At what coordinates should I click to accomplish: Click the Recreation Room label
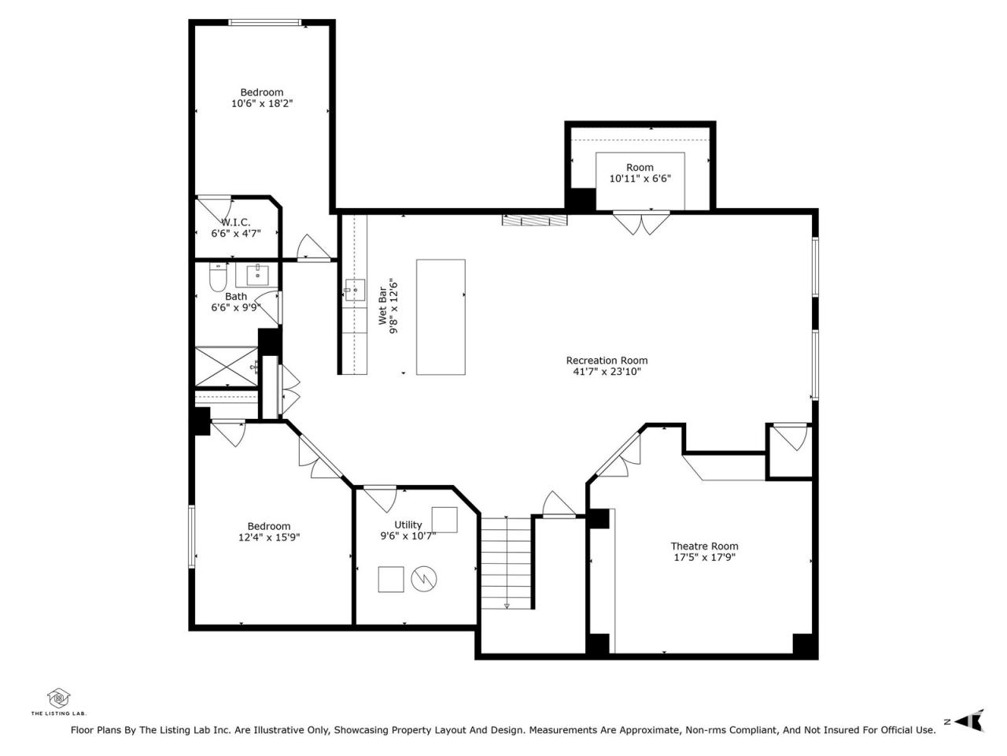[607, 361]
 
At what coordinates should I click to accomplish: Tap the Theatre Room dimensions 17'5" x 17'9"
[704, 558]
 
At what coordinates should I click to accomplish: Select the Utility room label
[408, 524]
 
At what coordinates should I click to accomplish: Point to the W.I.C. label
[236, 222]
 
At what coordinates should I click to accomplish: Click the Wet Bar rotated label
[382, 306]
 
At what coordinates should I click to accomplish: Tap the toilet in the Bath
[218, 276]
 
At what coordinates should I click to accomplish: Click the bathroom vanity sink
[258, 276]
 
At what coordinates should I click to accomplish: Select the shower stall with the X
[227, 367]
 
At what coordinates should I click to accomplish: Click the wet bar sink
[355, 290]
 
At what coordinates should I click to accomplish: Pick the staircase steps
[506, 563]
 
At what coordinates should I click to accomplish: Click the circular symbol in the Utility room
[423, 579]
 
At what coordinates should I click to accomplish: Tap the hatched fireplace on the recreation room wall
[534, 220]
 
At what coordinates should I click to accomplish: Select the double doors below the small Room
[641, 223]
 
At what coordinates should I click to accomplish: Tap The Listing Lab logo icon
[59, 699]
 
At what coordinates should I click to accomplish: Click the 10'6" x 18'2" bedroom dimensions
[262, 103]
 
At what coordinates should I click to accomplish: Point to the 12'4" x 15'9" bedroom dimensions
[269, 537]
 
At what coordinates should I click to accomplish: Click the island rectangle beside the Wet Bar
[441, 317]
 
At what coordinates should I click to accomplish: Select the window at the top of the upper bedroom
[264, 22]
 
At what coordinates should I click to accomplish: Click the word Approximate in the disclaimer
[648, 730]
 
